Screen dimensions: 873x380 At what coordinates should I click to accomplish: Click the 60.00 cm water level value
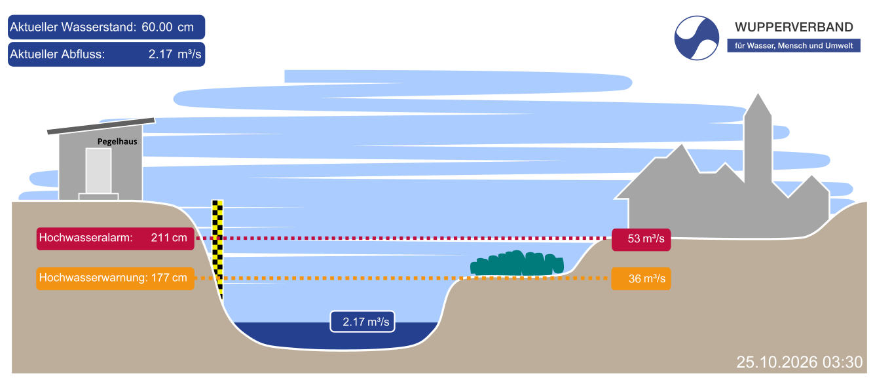pos(168,27)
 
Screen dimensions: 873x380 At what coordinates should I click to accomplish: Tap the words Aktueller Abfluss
pos(57,54)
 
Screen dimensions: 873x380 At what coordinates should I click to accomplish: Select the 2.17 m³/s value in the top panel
pos(175,54)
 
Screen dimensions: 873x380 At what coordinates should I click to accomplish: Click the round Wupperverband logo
pos(696,38)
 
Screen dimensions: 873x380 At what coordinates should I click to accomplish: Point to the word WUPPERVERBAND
pos(794,28)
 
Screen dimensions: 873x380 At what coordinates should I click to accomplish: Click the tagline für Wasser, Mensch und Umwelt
pos(794,46)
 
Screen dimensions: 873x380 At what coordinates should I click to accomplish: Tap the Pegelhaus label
pos(117,142)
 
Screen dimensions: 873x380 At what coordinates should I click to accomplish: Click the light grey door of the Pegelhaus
pos(99,171)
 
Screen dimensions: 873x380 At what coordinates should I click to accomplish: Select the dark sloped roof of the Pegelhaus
pos(101,126)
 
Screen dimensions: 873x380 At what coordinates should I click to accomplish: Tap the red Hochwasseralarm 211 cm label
pos(115,238)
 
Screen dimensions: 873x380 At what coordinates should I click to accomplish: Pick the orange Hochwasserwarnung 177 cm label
pos(115,278)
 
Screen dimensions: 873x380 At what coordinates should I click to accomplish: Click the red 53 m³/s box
pos(641,239)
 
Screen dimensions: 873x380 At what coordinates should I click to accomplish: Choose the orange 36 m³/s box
pos(641,278)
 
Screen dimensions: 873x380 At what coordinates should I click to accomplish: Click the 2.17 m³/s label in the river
pos(362,322)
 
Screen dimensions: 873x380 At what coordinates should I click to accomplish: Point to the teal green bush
pos(517,263)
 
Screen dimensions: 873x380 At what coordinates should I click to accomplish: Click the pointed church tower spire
pos(758,105)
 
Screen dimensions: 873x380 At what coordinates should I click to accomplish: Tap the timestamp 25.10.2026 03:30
pos(800,362)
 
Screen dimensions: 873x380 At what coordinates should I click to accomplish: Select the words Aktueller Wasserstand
pos(73,27)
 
